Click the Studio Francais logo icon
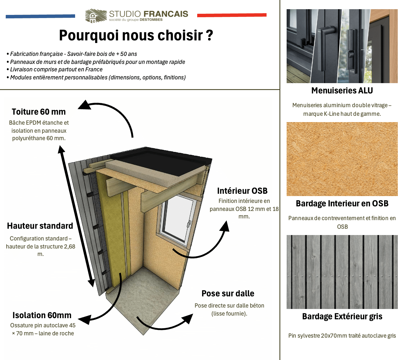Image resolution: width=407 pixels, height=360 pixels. (x=96, y=15)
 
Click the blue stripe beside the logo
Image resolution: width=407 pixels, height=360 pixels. (x=40, y=16)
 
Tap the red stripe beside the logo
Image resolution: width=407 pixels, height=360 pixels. (x=232, y=15)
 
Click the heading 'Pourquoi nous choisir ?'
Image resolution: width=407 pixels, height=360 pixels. (x=136, y=35)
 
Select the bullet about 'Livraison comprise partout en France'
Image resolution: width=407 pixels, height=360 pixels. (x=55, y=70)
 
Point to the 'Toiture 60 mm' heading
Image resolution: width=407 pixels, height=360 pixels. (x=39, y=112)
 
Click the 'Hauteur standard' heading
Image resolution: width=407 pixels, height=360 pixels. (x=40, y=226)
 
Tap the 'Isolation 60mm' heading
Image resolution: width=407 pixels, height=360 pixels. (x=42, y=315)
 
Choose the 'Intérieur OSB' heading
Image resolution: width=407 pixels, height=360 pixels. (x=242, y=191)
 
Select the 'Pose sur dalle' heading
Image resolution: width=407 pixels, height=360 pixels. (x=228, y=294)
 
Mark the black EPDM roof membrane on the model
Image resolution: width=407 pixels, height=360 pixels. (x=161, y=161)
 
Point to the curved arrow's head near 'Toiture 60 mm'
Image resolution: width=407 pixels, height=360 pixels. (x=84, y=105)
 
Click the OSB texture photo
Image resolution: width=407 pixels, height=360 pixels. (x=342, y=159)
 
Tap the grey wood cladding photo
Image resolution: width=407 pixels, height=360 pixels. (x=342, y=272)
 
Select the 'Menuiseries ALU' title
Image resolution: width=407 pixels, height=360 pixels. (x=342, y=91)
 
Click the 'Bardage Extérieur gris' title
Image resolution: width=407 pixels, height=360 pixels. (x=342, y=316)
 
